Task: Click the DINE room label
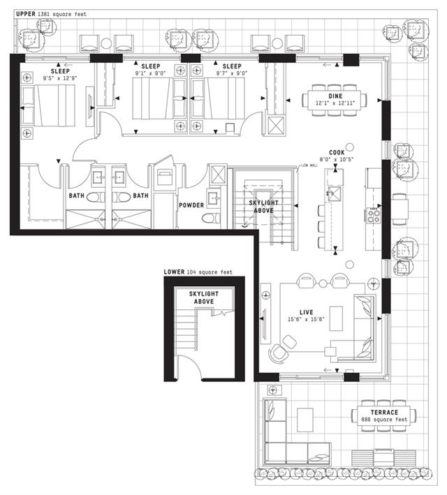(x=335, y=96)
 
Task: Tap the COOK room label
(x=337, y=153)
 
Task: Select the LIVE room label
(x=306, y=312)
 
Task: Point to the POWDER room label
(x=191, y=205)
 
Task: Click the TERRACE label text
(x=384, y=413)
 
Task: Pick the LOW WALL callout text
(x=309, y=165)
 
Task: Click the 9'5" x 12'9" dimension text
(x=60, y=78)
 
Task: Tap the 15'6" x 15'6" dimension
(x=306, y=319)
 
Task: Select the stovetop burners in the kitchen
(x=374, y=216)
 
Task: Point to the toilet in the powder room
(x=211, y=218)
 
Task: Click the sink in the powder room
(x=213, y=198)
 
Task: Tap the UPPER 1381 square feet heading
(x=51, y=14)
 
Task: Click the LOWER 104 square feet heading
(x=198, y=272)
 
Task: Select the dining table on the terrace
(x=384, y=416)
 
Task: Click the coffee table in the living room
(x=336, y=318)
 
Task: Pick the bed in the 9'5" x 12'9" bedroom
(x=48, y=105)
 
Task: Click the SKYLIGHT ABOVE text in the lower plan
(x=204, y=297)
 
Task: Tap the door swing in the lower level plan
(x=193, y=363)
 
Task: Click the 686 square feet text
(x=384, y=420)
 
